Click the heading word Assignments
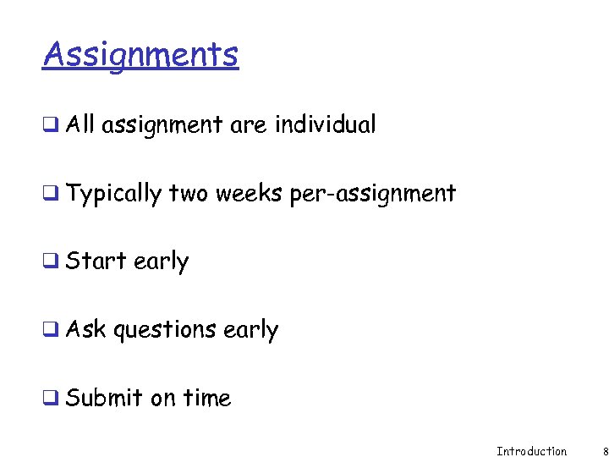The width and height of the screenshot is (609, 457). coord(140,55)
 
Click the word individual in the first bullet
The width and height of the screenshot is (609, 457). coord(325,125)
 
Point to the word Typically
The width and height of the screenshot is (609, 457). coord(113,195)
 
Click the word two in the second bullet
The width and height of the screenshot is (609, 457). coord(188,194)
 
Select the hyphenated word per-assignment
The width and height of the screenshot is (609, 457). coord(372,195)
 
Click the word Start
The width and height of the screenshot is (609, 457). coord(96,262)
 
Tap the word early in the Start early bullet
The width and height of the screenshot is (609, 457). coord(161,262)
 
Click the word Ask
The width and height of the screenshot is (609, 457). coord(86,329)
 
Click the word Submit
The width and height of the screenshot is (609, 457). coord(104,398)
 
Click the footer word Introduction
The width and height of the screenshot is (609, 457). coord(531,451)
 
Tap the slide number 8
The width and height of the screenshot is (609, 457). coord(605,451)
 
